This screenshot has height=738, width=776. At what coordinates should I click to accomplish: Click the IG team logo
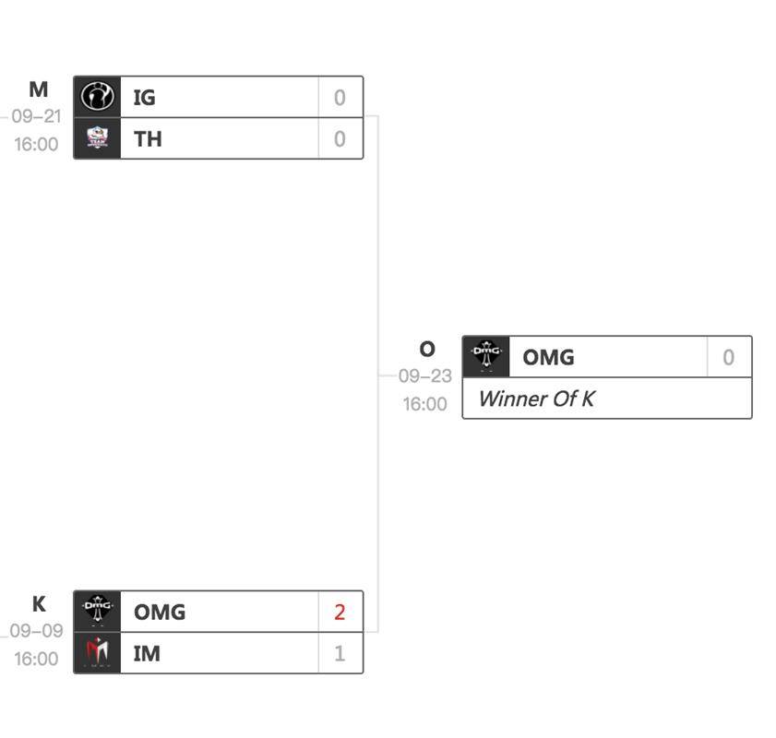coord(97,97)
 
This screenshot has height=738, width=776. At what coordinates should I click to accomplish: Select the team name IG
coord(144,97)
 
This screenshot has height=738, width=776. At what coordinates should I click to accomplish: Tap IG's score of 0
coord(340,97)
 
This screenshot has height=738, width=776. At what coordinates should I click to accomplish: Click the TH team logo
coord(97,138)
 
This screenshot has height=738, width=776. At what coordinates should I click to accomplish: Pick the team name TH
coord(148,138)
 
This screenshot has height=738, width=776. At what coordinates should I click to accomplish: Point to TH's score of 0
coord(340,138)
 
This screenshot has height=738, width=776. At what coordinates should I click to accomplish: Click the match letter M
coord(38,89)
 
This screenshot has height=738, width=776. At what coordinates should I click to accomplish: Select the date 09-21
coord(36,117)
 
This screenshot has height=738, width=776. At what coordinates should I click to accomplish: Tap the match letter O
coord(426,350)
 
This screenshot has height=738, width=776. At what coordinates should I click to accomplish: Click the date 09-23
coord(425,376)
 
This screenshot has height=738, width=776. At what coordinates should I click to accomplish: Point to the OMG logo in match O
coord(485,356)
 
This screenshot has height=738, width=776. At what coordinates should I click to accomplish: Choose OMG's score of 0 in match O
coord(729,357)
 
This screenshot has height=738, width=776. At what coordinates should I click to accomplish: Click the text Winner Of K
coord(536,399)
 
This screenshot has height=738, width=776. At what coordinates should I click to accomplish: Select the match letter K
coord(39,604)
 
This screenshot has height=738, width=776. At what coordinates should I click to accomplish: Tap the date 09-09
coord(36,632)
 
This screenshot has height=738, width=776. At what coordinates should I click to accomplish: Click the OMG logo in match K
coord(97,611)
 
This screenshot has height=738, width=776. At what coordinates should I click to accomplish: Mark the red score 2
coord(340,612)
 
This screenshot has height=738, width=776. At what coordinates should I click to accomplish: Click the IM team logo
coord(97,652)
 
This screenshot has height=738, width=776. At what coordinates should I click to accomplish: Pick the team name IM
coord(147,653)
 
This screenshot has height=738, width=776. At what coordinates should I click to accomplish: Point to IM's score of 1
coord(340,653)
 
